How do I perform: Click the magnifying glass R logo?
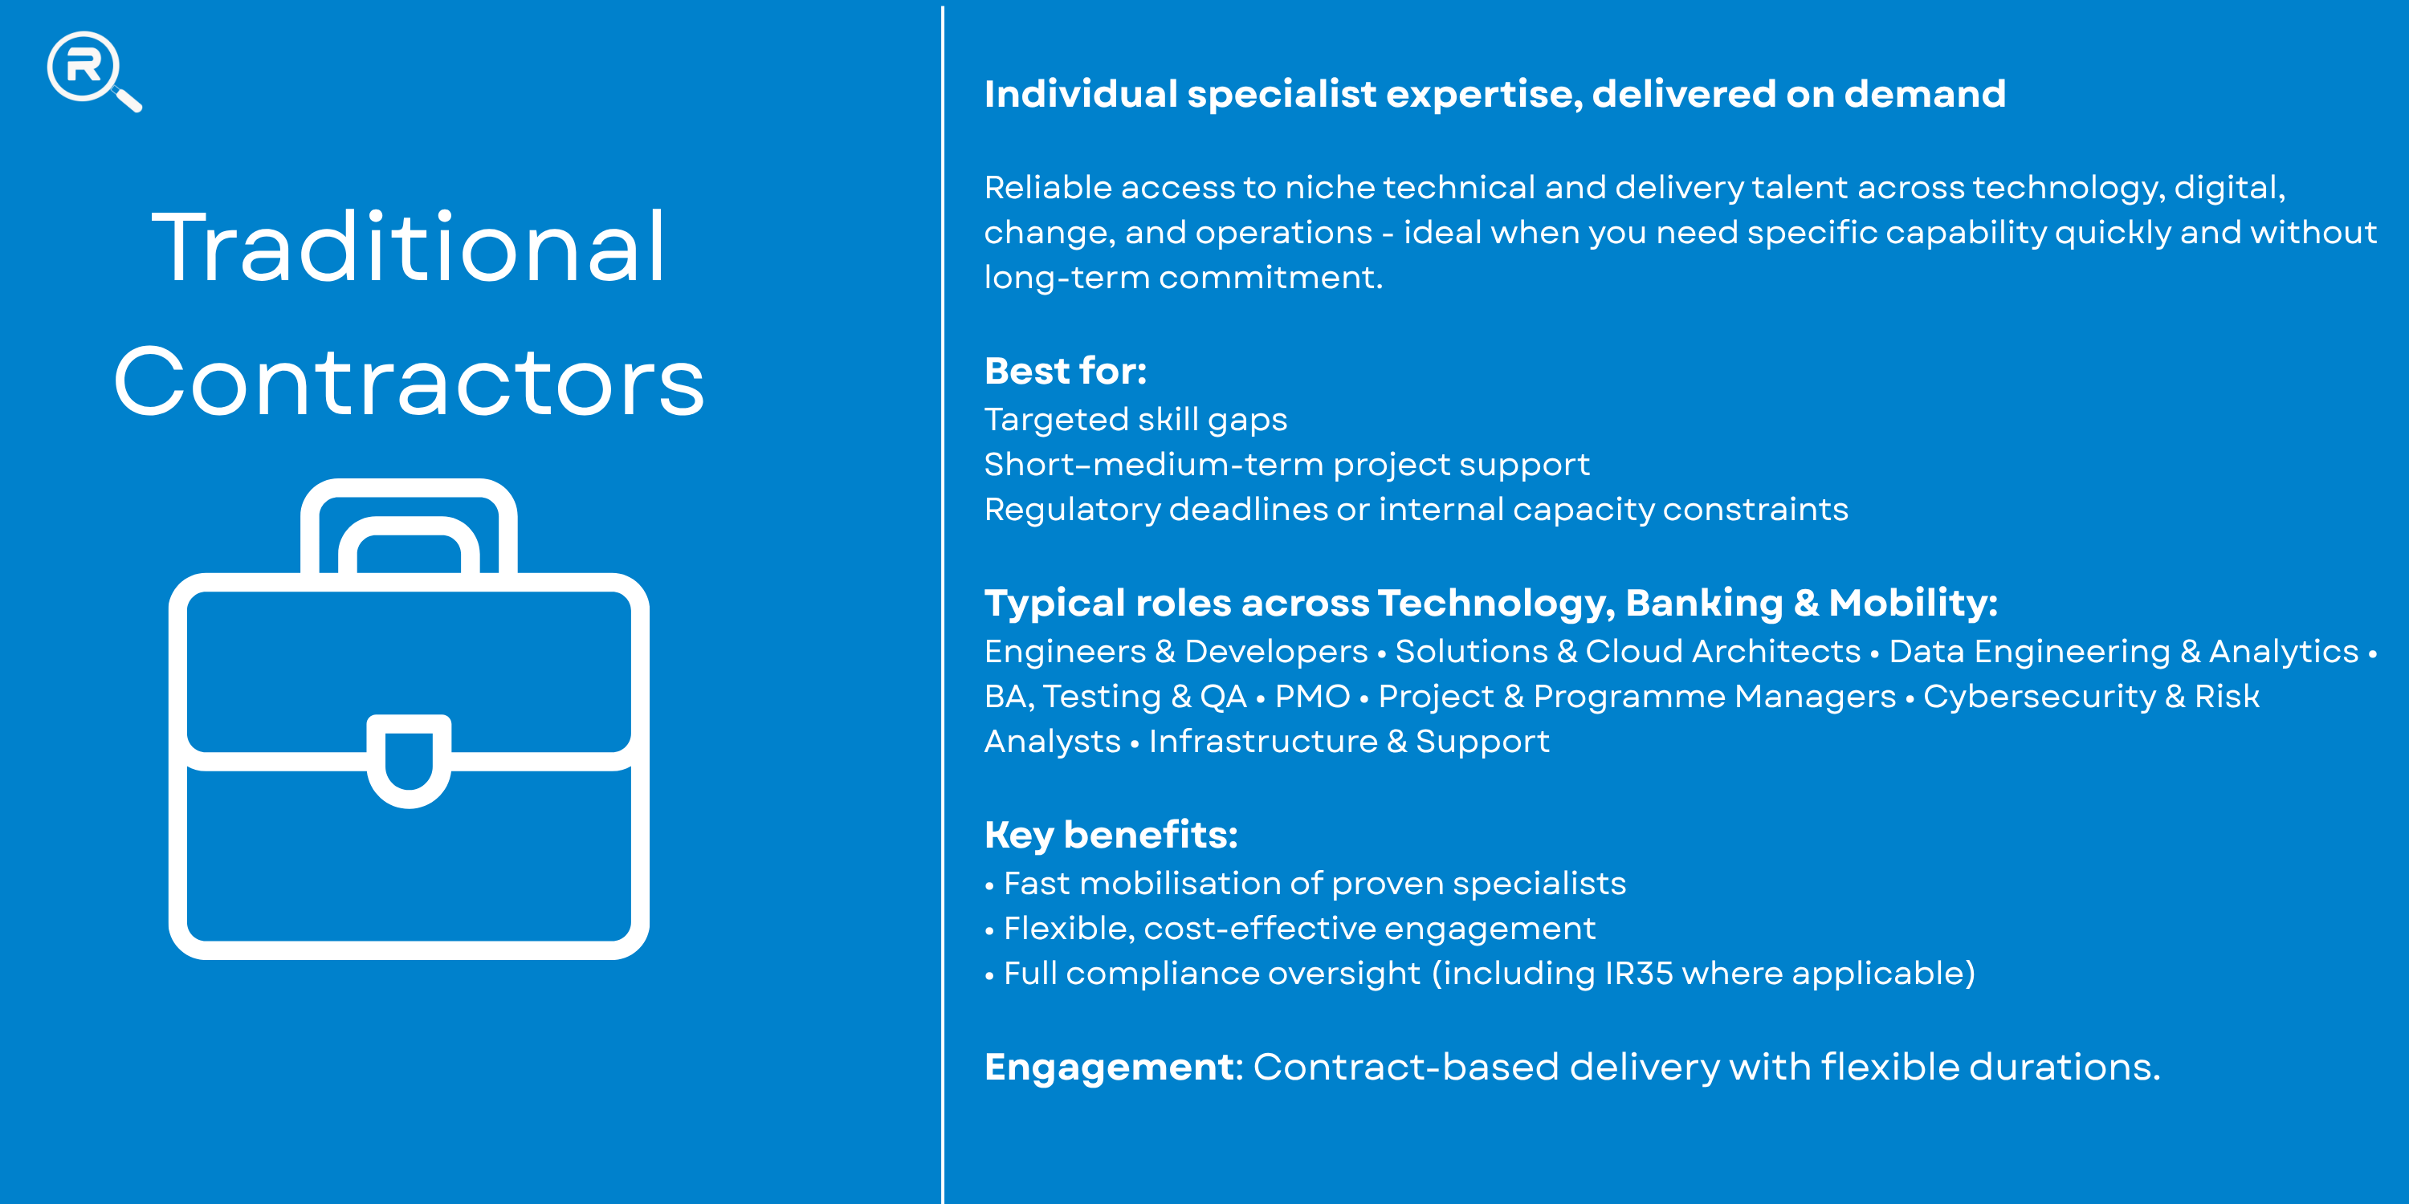pos(93,71)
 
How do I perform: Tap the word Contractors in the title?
pos(409,381)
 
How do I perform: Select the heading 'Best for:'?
pos(1065,371)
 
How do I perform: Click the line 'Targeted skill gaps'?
pos(1135,420)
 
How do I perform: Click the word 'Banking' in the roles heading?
pos(1704,603)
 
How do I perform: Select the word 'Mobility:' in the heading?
pos(1913,603)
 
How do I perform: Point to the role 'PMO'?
pos(1312,697)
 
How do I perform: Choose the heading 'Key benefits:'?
pos(1111,835)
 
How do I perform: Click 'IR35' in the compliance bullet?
pos(1638,974)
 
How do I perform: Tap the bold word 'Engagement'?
pos(1109,1068)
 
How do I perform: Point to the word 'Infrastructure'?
pos(1263,742)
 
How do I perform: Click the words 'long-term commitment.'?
pos(1183,278)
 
